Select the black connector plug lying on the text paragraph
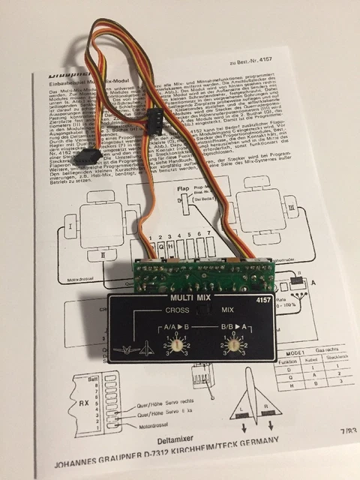[x=156, y=116]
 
